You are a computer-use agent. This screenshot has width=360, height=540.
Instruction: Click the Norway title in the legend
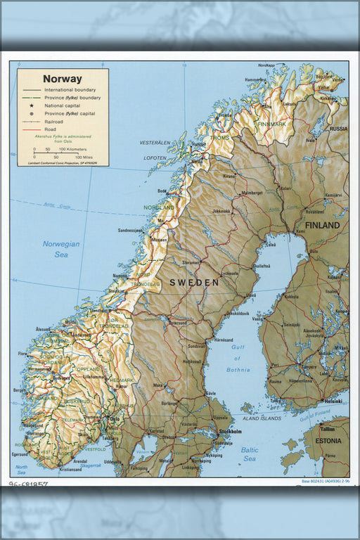[x=62, y=79]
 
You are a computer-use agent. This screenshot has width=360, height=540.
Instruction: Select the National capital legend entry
[x=65, y=105]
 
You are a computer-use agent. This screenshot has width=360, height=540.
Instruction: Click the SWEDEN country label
[x=193, y=282]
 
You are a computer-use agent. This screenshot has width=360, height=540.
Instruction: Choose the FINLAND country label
[x=322, y=226]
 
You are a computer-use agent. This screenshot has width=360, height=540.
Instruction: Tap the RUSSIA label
[x=338, y=129]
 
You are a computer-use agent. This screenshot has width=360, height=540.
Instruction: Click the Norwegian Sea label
[x=61, y=249]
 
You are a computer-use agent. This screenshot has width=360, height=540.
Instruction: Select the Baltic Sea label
[x=250, y=454]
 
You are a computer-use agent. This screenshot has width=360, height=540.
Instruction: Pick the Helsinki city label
[x=333, y=401]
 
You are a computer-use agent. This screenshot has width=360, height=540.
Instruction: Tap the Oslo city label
[x=116, y=420]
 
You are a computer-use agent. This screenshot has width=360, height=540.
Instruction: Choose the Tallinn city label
[x=327, y=428]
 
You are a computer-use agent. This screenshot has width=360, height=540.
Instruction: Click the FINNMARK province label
[x=271, y=124]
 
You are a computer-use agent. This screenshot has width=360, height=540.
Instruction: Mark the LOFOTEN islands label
[x=154, y=158]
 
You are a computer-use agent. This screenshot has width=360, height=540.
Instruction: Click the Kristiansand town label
[x=70, y=469]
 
